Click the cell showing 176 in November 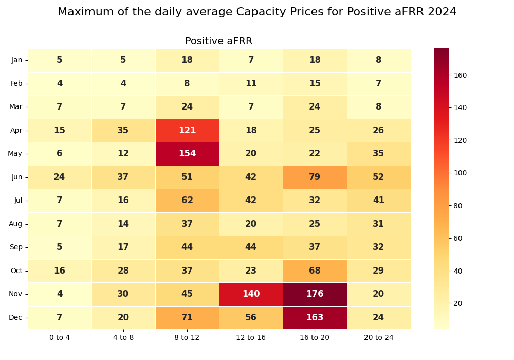point(315,294)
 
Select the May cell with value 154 point(187,154)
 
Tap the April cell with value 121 point(187,131)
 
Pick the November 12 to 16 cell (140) point(251,294)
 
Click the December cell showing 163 point(315,317)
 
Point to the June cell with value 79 point(315,177)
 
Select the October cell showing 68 point(315,271)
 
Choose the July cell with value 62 point(187,201)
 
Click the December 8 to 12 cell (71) point(187,317)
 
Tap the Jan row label point(17,60)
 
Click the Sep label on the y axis point(16,247)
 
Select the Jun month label point(17,177)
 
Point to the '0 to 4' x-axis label point(60,337)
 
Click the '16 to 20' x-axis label point(315,337)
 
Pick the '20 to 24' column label point(378,337)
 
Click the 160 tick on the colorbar point(460,75)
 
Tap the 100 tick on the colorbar point(460,173)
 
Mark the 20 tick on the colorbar point(458,303)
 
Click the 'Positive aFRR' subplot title point(219,41)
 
